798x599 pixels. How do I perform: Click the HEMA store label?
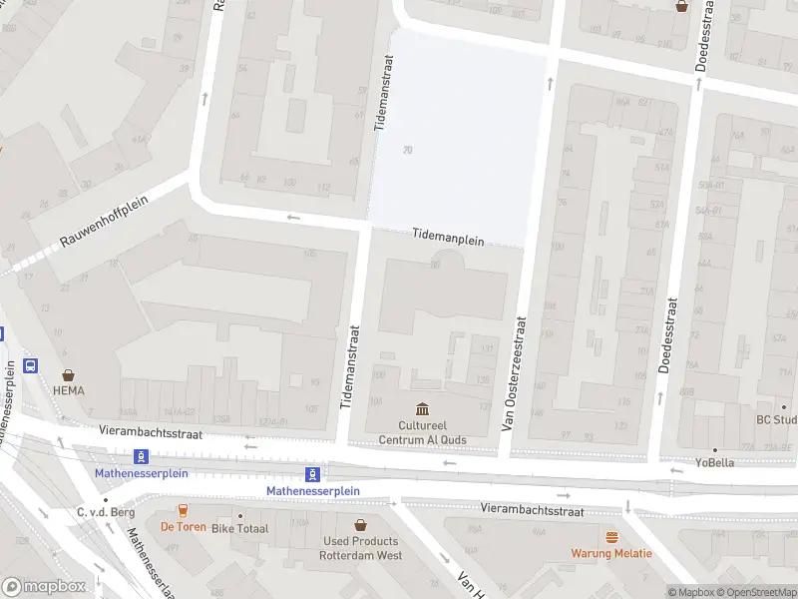70,390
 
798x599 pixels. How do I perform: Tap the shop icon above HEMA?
70,371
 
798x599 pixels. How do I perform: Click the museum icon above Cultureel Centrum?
422,409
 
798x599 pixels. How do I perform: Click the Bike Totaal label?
240,527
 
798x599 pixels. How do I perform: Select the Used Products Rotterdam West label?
360,547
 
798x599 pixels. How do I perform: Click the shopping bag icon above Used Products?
360,523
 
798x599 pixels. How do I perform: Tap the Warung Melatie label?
611,553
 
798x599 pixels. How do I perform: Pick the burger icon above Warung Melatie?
611,536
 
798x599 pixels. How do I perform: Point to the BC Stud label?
776,419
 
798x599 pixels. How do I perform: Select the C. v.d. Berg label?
106,512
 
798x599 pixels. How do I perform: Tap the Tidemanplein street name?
448,240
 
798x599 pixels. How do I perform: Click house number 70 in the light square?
407,150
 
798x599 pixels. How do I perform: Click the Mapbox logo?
44,587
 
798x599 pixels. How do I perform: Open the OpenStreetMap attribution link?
755,592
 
